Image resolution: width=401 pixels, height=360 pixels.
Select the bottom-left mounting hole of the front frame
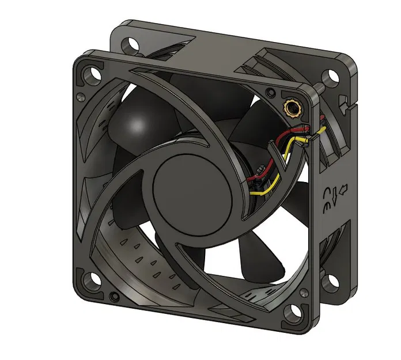[x=91, y=283]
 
